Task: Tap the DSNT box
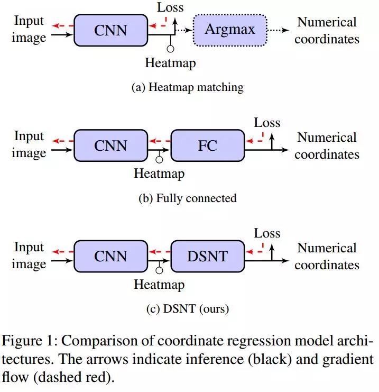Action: [x=207, y=256]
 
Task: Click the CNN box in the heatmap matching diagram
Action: [x=110, y=30]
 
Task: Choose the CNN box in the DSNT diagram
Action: [x=110, y=256]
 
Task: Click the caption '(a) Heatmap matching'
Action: [x=187, y=87]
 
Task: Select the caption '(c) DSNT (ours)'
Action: [x=187, y=308]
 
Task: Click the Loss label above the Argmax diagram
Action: [x=170, y=7]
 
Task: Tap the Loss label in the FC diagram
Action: [x=267, y=123]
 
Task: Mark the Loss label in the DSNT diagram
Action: [x=267, y=233]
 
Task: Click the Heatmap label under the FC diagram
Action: [x=159, y=174]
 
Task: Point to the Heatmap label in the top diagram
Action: [x=170, y=63]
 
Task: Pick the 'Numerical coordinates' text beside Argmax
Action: [x=327, y=30]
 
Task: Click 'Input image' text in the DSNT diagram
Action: [x=29, y=255]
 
